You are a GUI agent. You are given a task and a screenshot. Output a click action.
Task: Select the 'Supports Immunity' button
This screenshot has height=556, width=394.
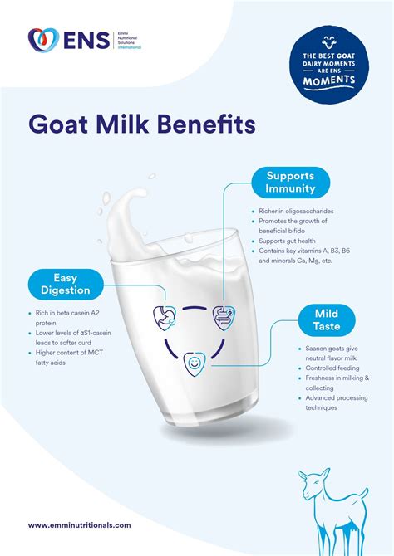[x=290, y=183]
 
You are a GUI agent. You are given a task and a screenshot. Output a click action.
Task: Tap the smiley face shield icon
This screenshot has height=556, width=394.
[x=194, y=361]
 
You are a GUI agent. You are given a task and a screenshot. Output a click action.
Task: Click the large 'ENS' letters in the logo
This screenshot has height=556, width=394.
[x=84, y=41]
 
